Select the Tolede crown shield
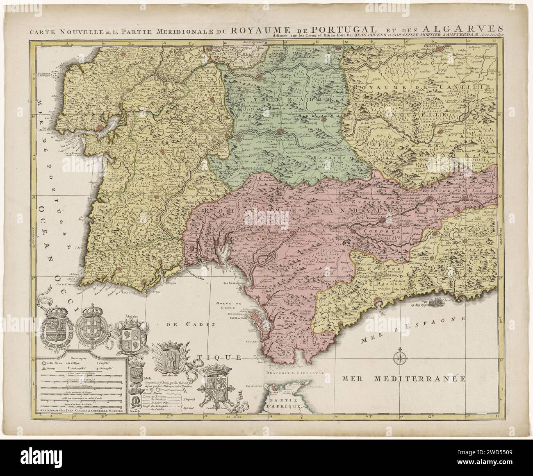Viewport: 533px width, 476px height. tap(136, 374)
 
